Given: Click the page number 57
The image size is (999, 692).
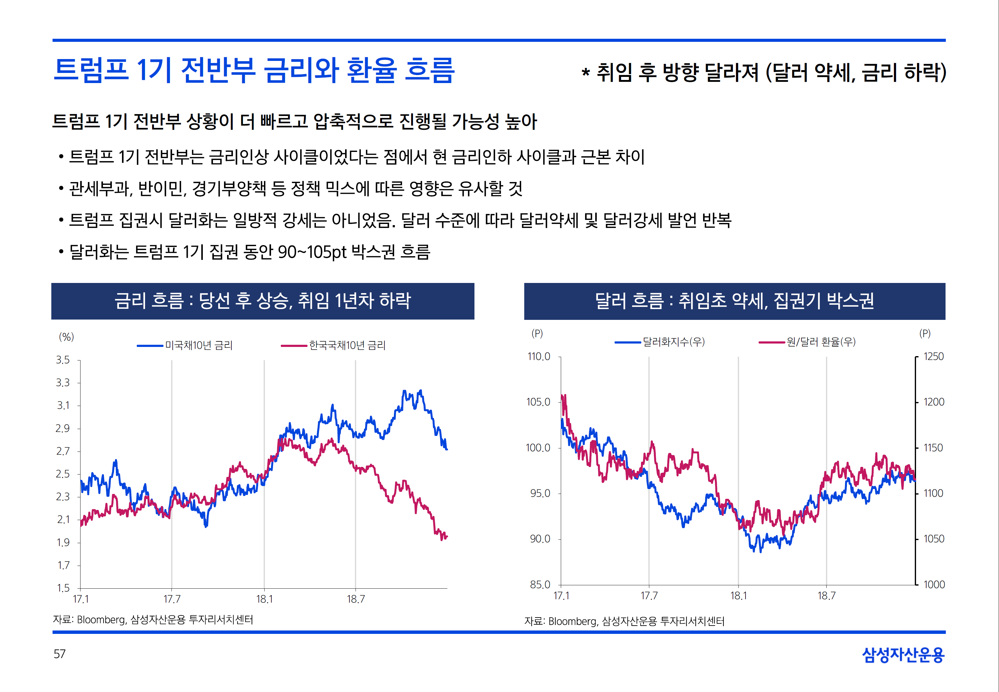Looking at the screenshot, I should [59, 654].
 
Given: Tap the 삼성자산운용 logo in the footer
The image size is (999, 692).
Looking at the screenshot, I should [903, 655].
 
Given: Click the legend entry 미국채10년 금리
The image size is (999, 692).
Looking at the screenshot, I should [199, 346].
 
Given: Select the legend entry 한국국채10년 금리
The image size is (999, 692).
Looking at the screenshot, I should [347, 346].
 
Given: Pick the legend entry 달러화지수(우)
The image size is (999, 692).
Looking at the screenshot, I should [673, 342].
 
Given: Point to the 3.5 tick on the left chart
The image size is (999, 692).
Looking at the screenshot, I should [63, 360].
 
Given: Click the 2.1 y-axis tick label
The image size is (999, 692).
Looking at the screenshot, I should [63, 519].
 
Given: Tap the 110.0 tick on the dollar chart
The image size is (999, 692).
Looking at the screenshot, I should [538, 356].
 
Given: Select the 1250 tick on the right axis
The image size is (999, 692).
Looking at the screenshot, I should [934, 356].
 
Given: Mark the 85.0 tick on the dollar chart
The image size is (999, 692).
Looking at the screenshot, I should [540, 584].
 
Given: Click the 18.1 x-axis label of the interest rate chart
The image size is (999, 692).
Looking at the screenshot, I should [264, 599].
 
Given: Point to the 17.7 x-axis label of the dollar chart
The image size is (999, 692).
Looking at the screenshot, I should [649, 596].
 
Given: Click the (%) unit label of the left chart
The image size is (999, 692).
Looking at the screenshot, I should [66, 336].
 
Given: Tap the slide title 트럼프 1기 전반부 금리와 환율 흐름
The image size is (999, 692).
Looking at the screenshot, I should [254, 70].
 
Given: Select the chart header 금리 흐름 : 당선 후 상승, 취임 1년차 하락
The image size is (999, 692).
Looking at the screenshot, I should [262, 301].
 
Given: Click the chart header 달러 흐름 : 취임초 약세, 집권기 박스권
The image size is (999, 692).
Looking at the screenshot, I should [734, 301].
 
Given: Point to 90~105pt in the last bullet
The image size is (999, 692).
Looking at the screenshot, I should [312, 252].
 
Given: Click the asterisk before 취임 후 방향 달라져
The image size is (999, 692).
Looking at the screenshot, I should [586, 72].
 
